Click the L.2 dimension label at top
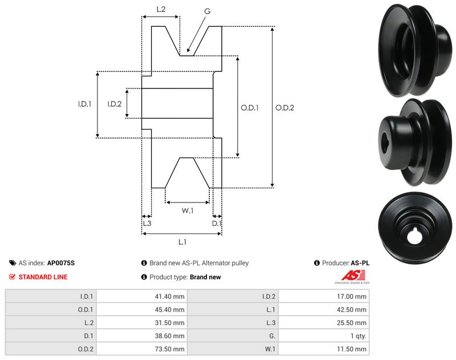pos(161,9)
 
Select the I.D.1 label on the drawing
pos(85,104)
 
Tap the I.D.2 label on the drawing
pos(115,104)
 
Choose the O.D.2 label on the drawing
pos(284,107)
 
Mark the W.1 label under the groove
pos(188,211)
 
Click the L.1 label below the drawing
pos(182,242)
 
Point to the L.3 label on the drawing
pos(146,224)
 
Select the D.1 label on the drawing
pos(217,224)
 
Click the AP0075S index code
pos(61,263)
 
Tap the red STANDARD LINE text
pos(43,277)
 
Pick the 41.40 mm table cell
pos(170,296)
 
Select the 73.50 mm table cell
pos(170,349)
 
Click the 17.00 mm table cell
pos(353,296)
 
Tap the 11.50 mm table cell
pos(353,349)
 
